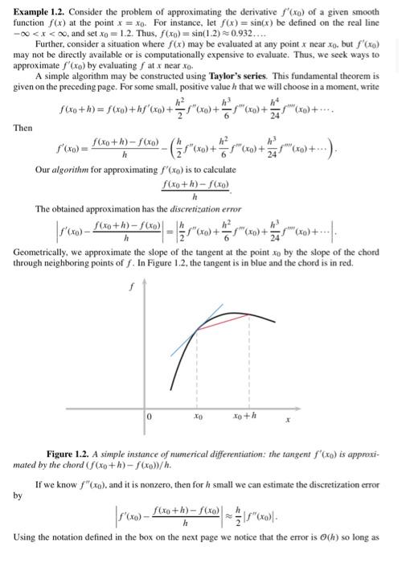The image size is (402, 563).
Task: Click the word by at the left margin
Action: pos(18,495)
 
